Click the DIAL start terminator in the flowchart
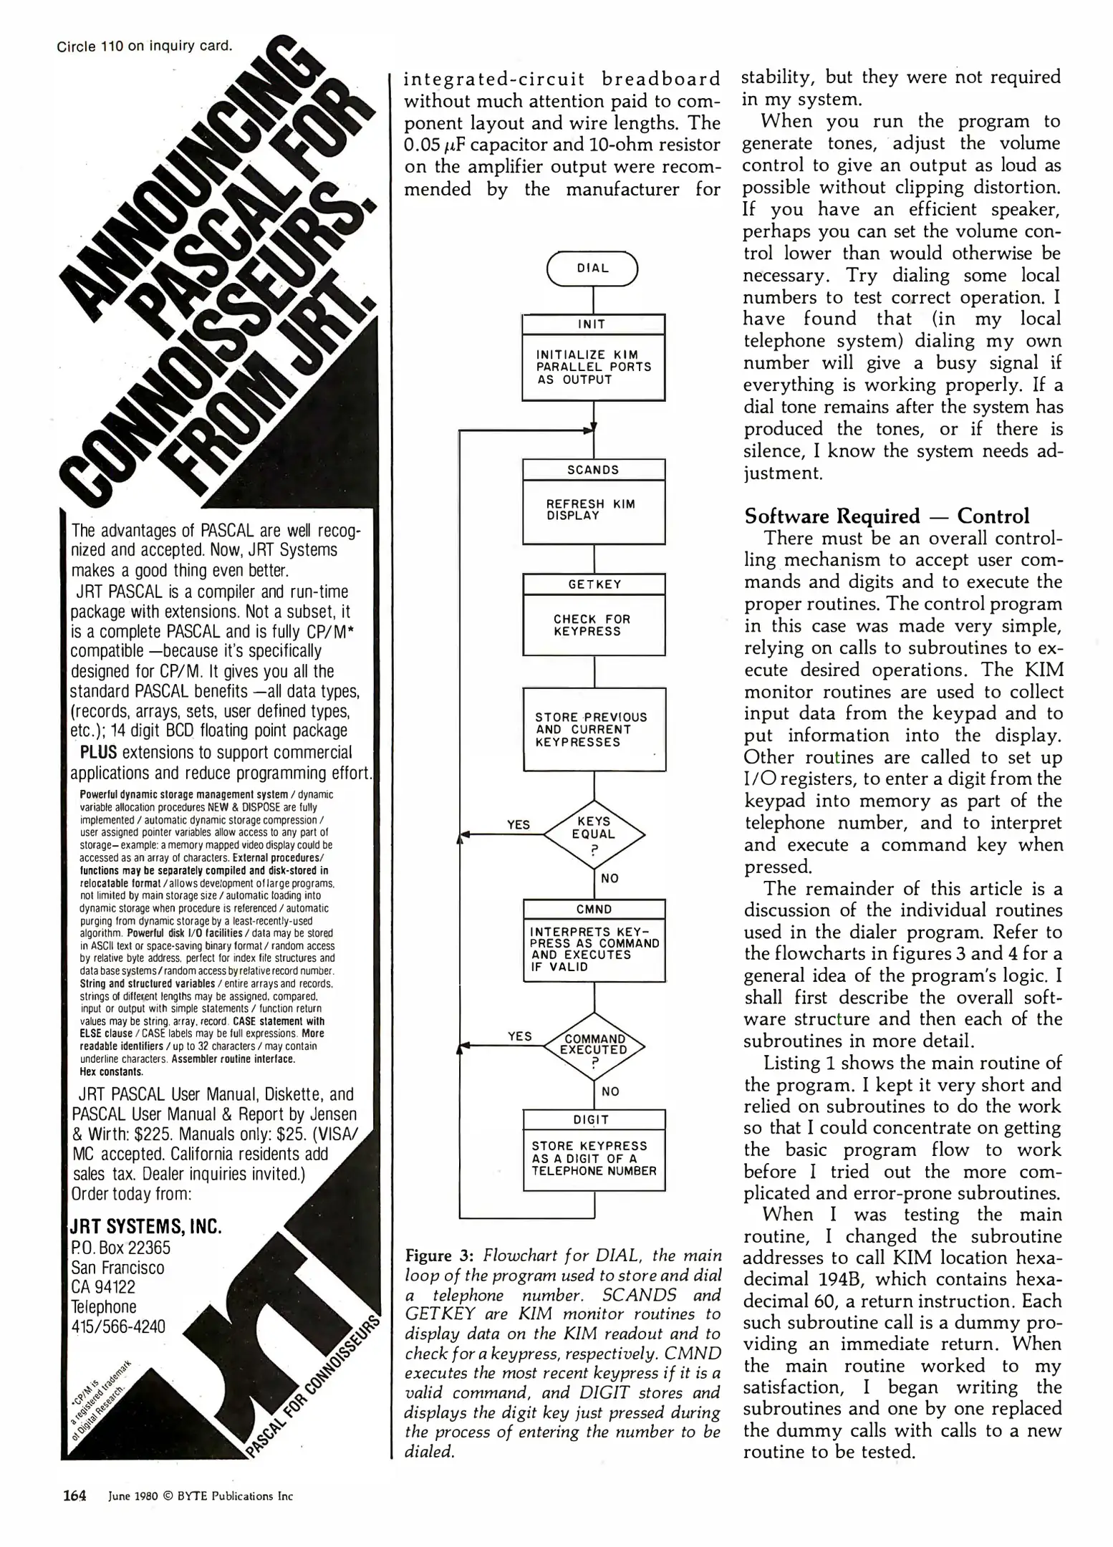tap(592, 269)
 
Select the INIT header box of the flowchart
tap(592, 324)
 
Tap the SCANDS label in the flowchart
tap(593, 470)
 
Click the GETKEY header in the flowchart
tap(594, 584)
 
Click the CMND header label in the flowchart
tap(594, 910)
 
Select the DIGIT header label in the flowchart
tap(592, 1120)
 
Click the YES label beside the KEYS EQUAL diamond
tap(519, 825)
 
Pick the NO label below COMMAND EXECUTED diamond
tap(610, 1091)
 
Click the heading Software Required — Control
tap(887, 516)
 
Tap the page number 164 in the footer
tap(74, 1495)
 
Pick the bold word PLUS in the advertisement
tap(99, 753)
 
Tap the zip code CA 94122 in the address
tap(103, 1287)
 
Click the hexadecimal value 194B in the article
tap(836, 1279)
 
